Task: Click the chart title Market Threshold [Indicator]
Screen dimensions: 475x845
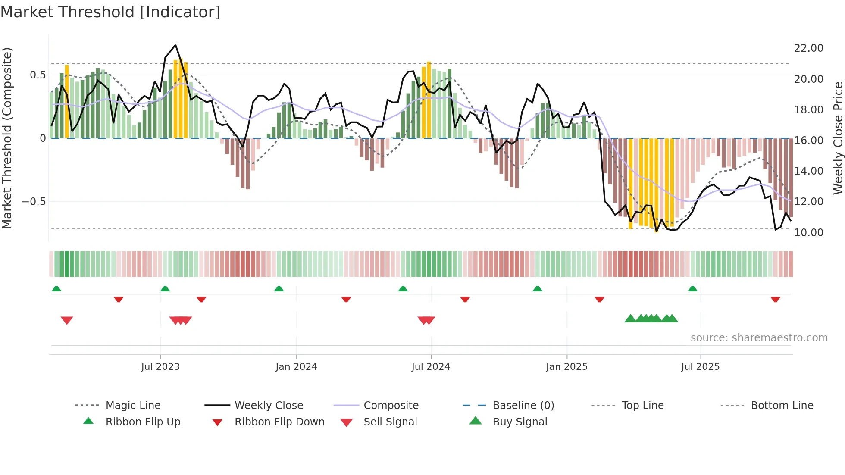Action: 110,12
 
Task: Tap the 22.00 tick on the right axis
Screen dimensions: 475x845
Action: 808,48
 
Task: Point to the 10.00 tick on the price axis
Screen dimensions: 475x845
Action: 808,233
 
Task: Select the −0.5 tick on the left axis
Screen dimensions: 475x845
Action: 34,202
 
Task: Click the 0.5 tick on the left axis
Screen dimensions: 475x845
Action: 38,75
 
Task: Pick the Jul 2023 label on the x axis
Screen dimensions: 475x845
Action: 160,367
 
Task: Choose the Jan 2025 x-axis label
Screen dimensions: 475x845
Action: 566,367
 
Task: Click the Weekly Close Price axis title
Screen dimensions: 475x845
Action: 838,138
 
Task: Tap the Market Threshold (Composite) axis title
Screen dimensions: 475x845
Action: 7,138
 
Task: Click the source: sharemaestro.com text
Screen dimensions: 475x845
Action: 759,338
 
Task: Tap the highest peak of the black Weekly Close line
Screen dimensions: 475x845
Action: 175,45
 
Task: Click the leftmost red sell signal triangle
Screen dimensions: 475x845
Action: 67,320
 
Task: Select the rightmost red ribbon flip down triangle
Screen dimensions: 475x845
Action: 775,299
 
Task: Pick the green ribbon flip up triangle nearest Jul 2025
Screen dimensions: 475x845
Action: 692,289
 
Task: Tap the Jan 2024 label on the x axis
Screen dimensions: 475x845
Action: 296,367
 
